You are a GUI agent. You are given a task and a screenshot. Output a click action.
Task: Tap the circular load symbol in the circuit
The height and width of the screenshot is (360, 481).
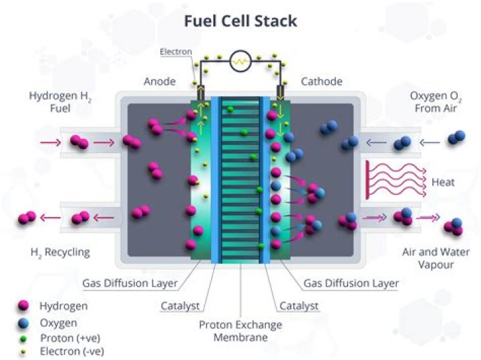coord(239,62)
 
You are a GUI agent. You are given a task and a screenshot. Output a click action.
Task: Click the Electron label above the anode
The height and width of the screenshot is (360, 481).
coord(176,51)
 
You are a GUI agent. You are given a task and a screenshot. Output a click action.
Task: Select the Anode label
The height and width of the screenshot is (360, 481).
coord(159,81)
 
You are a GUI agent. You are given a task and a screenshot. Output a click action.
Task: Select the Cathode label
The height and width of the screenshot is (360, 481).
coord(321,81)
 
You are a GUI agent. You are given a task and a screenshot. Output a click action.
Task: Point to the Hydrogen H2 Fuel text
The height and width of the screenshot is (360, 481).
coord(60,102)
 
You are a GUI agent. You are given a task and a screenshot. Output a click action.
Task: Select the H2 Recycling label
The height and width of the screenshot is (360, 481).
coord(60,252)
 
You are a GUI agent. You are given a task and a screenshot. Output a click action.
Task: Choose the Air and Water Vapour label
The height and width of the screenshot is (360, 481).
coord(436,259)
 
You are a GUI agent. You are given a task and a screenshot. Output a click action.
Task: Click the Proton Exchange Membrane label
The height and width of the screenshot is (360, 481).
coord(240,331)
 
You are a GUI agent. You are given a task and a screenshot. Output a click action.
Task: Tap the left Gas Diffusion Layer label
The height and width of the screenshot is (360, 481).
coord(130,283)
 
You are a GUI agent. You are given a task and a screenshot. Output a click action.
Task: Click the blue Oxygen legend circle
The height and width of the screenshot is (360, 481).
coord(24,322)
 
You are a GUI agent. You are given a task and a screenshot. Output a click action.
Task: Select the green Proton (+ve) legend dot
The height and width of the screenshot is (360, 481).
coord(24,338)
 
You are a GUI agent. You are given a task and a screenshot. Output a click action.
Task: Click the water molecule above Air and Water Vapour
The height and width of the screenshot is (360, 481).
coord(453,227)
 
